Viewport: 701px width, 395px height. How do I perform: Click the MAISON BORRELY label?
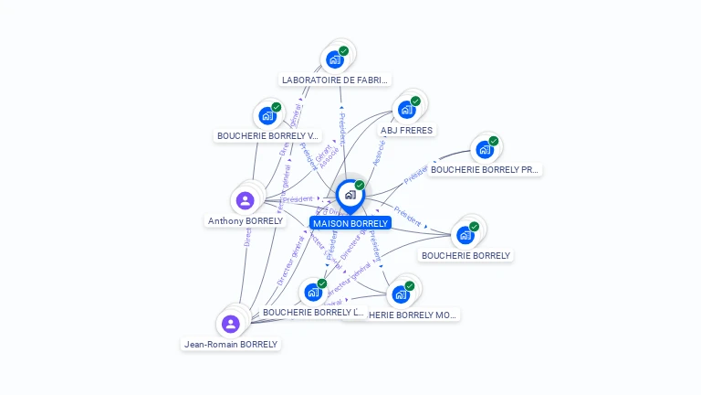350,223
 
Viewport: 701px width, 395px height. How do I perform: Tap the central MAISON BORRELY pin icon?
350,195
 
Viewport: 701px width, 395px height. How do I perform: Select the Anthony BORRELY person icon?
245,200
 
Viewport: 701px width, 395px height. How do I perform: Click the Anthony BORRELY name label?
246,221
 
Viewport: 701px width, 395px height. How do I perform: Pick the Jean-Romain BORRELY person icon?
231,324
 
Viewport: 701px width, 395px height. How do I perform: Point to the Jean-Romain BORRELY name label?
231,345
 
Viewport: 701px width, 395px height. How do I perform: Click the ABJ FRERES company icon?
406,110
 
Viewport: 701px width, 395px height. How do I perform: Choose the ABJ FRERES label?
406,131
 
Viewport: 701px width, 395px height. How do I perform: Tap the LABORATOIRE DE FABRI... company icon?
334,59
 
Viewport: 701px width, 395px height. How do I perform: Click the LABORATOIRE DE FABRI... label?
335,80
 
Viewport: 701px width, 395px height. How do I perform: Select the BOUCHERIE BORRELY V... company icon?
267,115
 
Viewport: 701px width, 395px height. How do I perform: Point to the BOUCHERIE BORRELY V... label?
267,136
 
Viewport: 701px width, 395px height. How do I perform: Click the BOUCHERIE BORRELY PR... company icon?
484,149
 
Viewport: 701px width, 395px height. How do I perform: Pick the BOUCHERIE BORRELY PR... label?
485,169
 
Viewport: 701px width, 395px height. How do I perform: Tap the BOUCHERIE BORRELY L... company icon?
312,293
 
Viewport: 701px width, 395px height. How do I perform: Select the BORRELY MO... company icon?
400,294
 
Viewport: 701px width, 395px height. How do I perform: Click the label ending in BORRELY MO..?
411,315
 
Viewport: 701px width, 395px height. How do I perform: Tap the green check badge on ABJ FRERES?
415,101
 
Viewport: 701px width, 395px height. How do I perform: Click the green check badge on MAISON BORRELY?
360,186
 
